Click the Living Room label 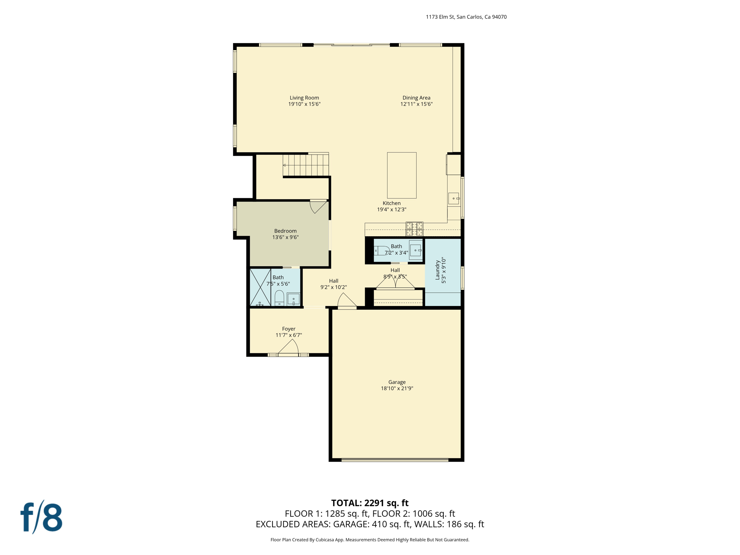pyautogui.click(x=304, y=98)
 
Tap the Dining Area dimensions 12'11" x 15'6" pyautogui.click(x=416, y=104)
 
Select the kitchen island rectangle pyautogui.click(x=401, y=175)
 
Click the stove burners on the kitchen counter pyautogui.click(x=414, y=229)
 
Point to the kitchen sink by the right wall pyautogui.click(x=454, y=198)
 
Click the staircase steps pyautogui.click(x=306, y=165)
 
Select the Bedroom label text pyautogui.click(x=285, y=231)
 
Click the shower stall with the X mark pyautogui.click(x=260, y=288)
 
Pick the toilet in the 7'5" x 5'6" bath pyautogui.click(x=279, y=298)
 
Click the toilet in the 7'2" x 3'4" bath pyautogui.click(x=381, y=250)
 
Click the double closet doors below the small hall pyautogui.click(x=395, y=283)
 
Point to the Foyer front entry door pyautogui.click(x=289, y=348)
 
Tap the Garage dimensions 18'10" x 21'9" pyautogui.click(x=397, y=388)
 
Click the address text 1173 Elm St pyautogui.click(x=466, y=17)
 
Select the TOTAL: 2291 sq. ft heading pyautogui.click(x=370, y=503)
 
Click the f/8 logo pyautogui.click(x=42, y=517)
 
